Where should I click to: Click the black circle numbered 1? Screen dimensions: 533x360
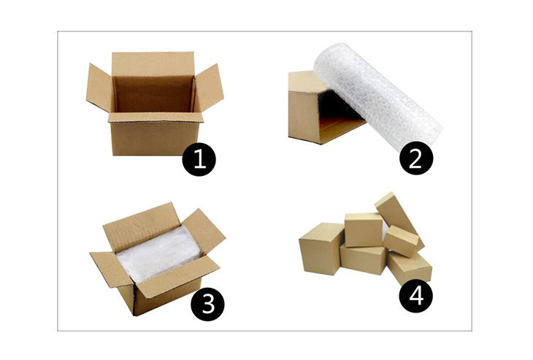click(x=199, y=159)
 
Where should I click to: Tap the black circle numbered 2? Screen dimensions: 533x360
click(x=416, y=158)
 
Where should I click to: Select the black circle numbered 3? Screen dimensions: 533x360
click(x=207, y=304)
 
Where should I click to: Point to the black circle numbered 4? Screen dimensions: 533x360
click(x=415, y=296)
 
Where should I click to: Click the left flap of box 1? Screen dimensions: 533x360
click(x=99, y=88)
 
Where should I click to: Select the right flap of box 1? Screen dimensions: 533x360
click(x=210, y=87)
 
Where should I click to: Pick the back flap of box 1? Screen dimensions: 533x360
click(x=153, y=64)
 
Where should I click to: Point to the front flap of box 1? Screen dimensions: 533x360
click(x=156, y=118)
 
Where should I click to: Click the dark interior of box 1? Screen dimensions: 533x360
click(x=153, y=94)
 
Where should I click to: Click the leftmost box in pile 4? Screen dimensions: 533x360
click(x=321, y=248)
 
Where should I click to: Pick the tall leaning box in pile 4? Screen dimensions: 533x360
click(x=399, y=218)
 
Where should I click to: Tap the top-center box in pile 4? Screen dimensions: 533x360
click(x=364, y=229)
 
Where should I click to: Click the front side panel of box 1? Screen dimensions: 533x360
click(x=155, y=139)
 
